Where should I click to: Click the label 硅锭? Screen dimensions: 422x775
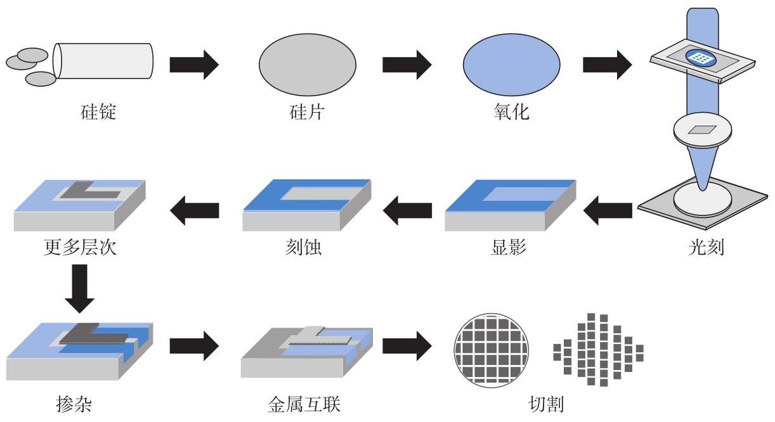pos(98,113)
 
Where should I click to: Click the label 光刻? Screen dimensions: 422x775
pos(706,247)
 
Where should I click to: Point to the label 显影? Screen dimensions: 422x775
pos(509,247)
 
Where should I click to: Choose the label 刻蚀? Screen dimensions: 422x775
pos(303,247)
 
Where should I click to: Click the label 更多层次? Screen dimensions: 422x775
pos(81,247)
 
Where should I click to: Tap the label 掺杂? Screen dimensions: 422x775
pos(74,404)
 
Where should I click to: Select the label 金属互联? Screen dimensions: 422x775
pos(304,404)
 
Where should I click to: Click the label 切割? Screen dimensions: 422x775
pos(546,404)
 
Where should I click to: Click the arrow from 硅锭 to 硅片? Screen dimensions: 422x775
pos(193,64)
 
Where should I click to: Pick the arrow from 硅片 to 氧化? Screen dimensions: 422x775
pos(407,64)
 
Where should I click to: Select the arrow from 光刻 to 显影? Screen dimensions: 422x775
pos(607,210)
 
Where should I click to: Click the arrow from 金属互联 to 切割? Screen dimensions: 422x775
pos(407,346)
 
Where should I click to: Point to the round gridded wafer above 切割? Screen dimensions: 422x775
pos(491,350)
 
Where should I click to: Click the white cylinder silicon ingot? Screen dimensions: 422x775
pos(104,61)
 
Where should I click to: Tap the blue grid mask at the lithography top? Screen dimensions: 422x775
pos(700,58)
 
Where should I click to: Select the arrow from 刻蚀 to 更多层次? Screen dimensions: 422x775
pos(194,210)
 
